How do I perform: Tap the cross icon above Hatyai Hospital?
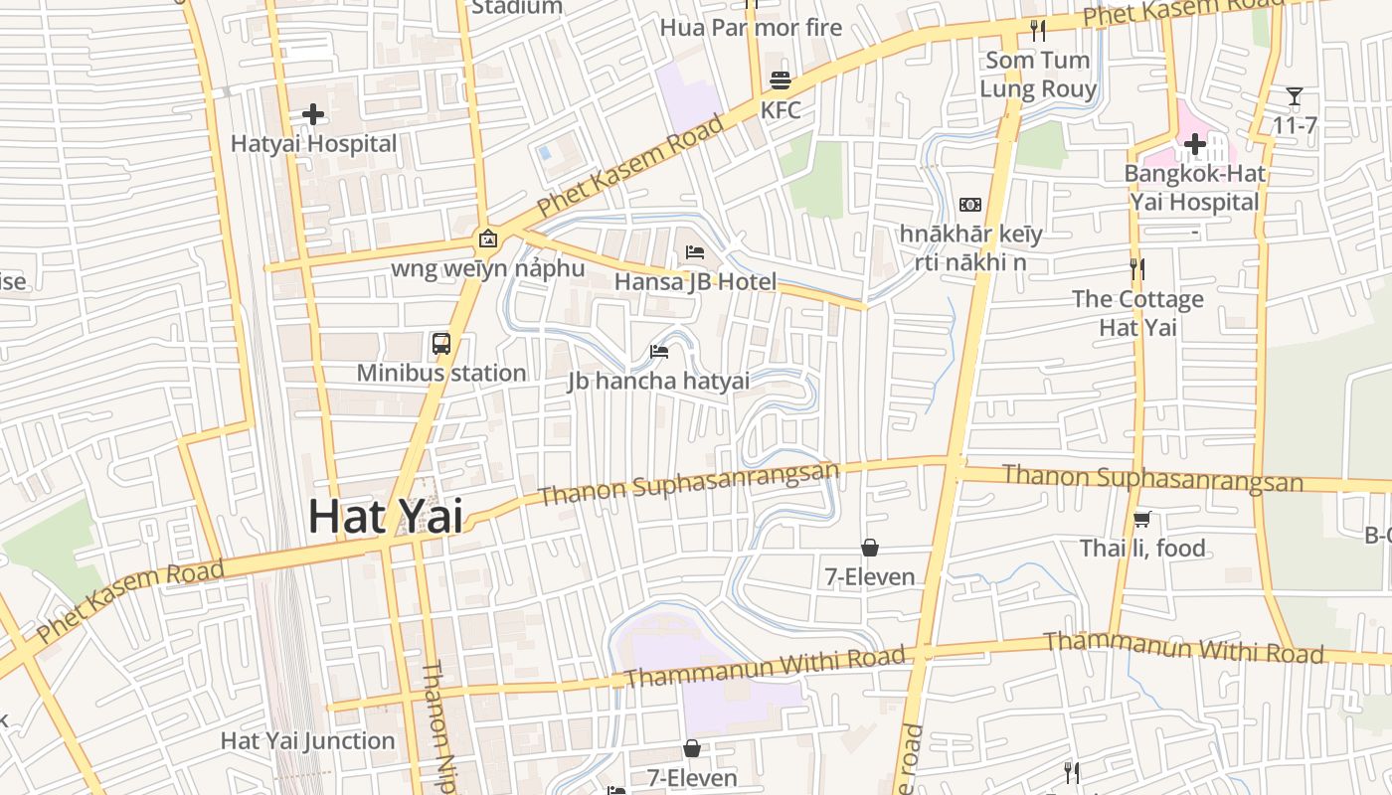[x=313, y=114]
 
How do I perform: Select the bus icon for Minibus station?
[x=441, y=344]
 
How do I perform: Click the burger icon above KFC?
[x=781, y=80]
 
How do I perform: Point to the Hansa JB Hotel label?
[x=695, y=281]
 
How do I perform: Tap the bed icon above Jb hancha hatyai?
[x=659, y=351]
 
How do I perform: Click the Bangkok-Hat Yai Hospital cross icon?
[x=1194, y=145]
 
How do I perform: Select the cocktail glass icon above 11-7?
[x=1295, y=96]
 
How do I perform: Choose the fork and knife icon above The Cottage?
[x=1137, y=268]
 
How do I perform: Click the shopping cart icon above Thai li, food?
[x=1142, y=519]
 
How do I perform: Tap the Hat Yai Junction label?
[x=307, y=740]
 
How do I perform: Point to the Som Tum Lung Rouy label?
[x=1038, y=75]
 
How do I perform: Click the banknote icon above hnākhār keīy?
[x=969, y=205]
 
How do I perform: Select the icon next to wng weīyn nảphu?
[x=487, y=238]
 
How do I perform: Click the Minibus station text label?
[x=441, y=373]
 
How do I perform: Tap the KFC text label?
[x=781, y=110]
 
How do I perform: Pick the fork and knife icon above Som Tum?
[x=1038, y=31]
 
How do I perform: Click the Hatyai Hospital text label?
[x=313, y=144]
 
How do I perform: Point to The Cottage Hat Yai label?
[x=1137, y=313]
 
